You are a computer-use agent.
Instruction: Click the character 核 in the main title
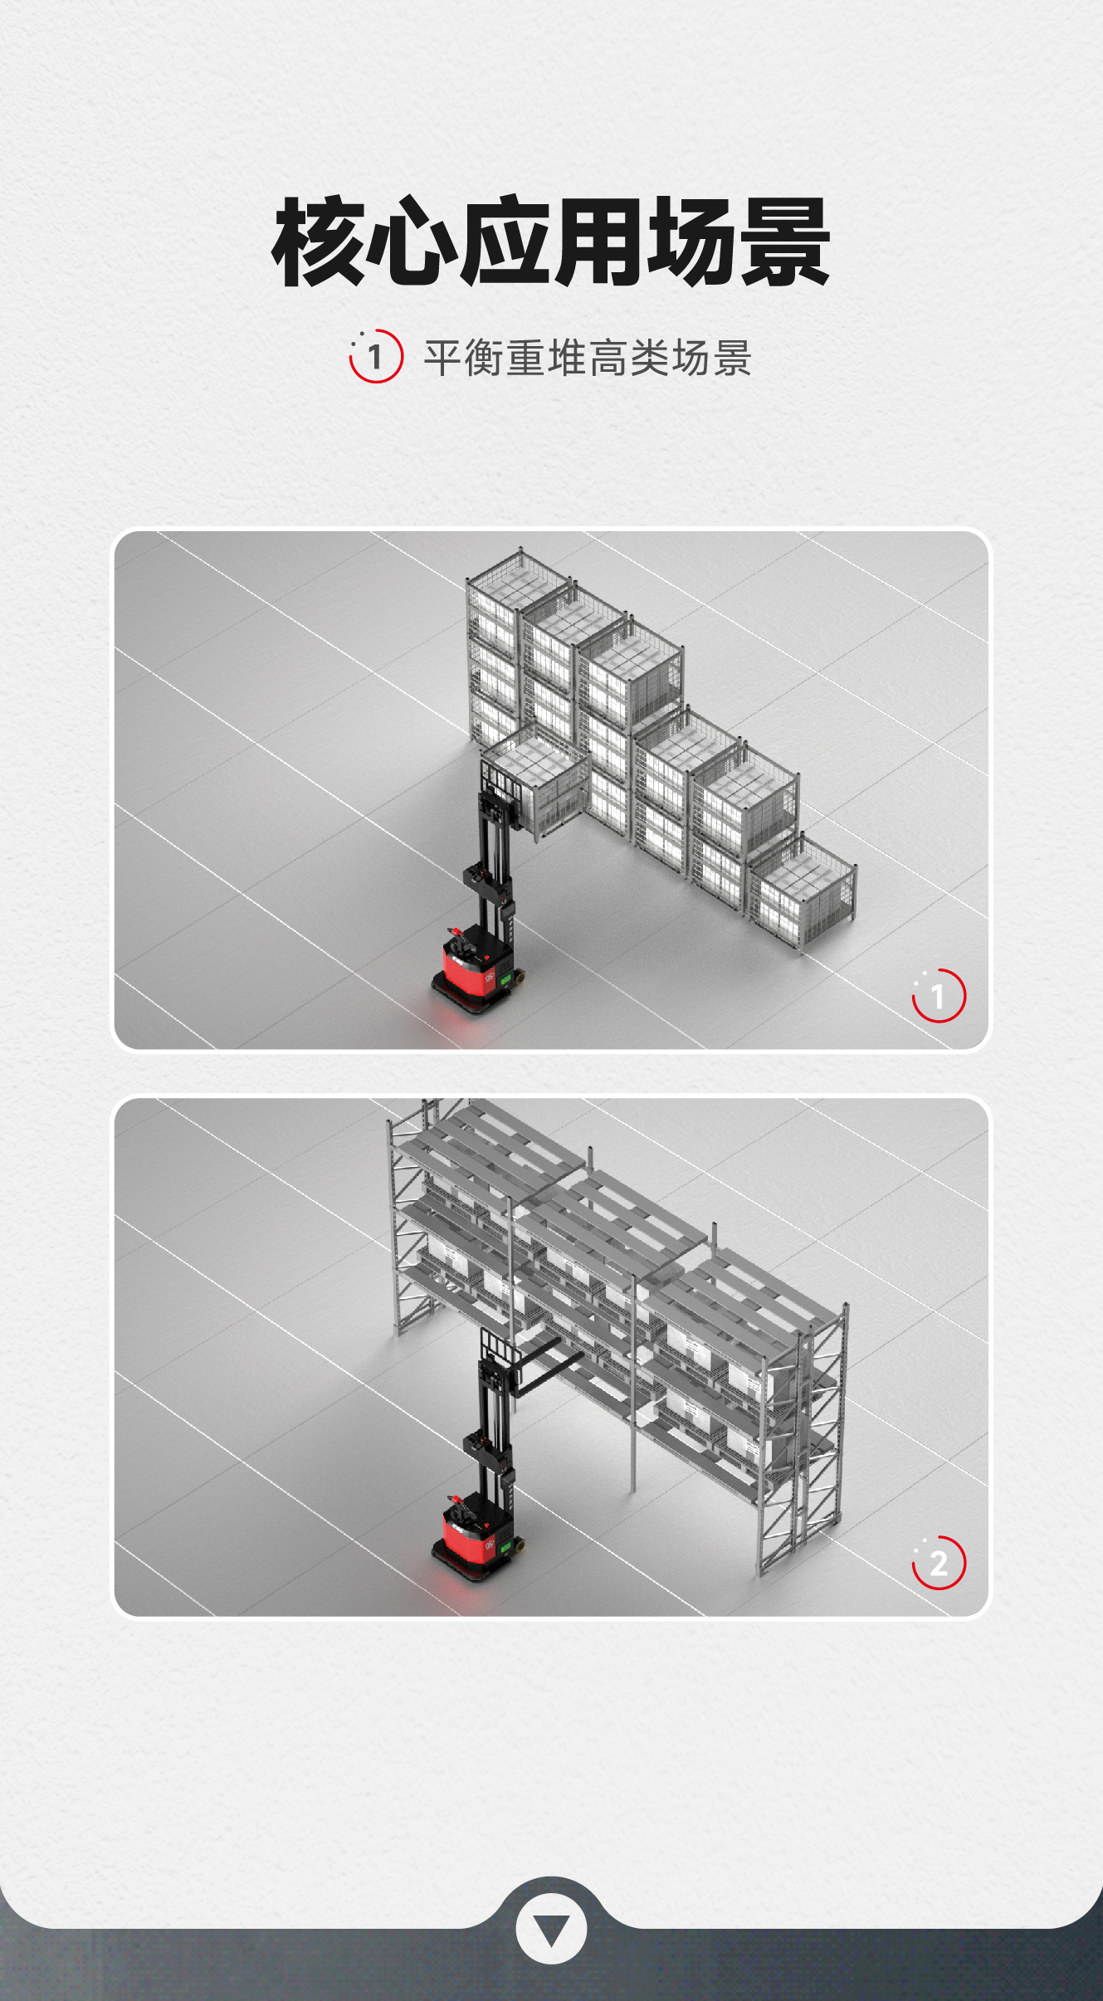[x=318, y=242]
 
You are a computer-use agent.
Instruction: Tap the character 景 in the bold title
[x=785, y=242]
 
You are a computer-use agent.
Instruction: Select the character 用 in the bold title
[x=598, y=242]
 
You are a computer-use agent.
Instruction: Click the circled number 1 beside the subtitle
[x=376, y=357]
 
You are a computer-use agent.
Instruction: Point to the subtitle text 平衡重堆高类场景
[x=588, y=358]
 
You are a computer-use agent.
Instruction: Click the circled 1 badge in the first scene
[x=939, y=995]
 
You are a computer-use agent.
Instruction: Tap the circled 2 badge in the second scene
[x=939, y=1563]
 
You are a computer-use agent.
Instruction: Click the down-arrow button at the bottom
[x=551, y=1930]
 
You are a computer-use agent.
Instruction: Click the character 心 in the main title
[x=412, y=242]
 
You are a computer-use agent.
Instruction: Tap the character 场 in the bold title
[x=691, y=242]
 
